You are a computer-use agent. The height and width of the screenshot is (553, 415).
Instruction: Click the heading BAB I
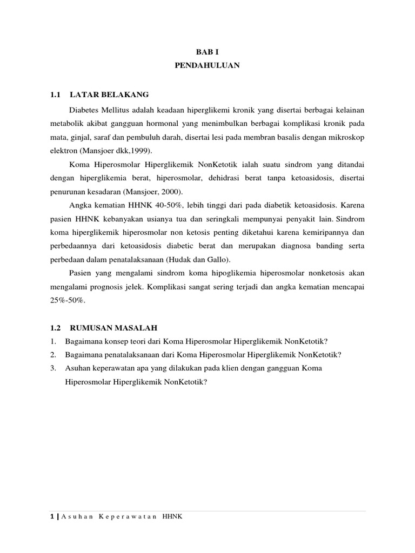coord(207,52)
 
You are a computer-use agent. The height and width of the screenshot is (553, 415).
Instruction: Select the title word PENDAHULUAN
coord(207,65)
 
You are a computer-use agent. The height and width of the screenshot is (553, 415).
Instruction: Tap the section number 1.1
coord(54,95)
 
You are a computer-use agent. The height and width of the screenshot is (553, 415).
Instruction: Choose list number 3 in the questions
coord(52,368)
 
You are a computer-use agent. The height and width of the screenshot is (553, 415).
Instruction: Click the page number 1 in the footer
coord(51,517)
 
